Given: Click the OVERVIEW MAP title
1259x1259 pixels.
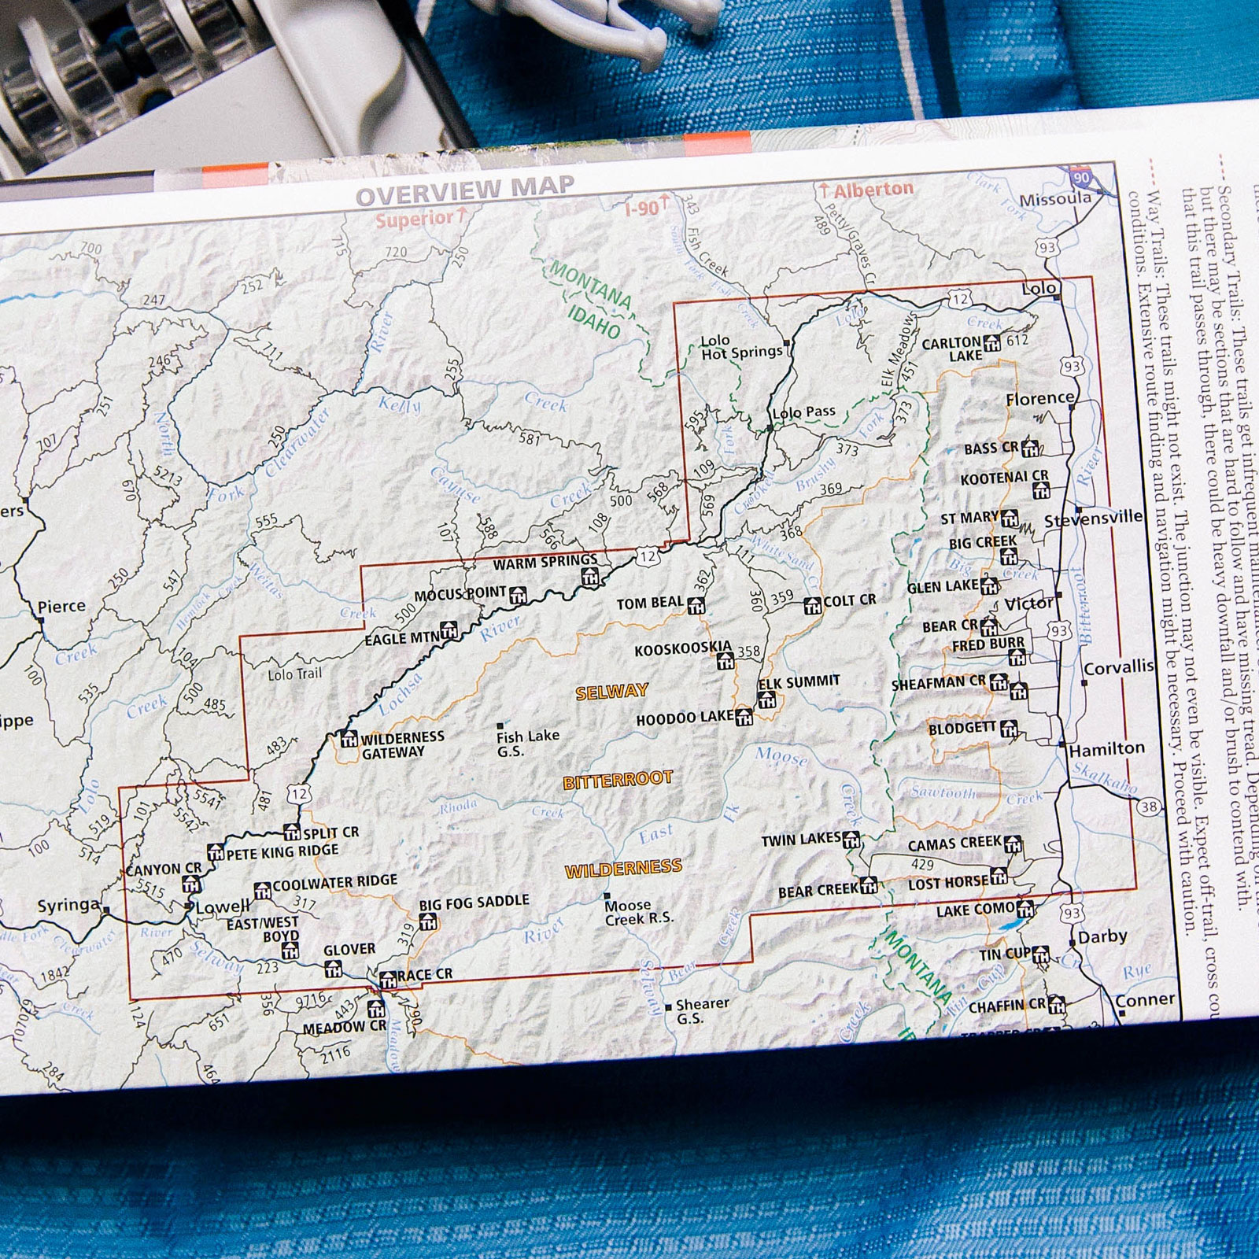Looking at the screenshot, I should click(x=465, y=189).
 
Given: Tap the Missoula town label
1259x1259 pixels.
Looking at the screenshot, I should click(x=1055, y=200).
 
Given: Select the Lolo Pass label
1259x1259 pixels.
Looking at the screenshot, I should click(x=803, y=412).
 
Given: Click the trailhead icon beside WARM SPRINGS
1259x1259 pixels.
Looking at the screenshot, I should click(x=589, y=577).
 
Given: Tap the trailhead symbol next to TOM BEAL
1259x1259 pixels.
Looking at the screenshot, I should click(x=695, y=606).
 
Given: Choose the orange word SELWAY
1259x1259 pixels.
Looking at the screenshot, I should click(x=611, y=692).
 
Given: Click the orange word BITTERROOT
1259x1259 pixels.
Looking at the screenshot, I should click(x=618, y=781).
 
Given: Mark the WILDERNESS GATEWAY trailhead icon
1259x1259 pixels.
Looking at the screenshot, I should click(x=349, y=739).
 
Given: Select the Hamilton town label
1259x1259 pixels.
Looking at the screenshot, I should click(x=1106, y=749).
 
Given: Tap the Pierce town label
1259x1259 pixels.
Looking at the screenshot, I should click(x=61, y=607).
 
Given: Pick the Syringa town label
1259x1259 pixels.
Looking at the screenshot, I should click(x=68, y=906).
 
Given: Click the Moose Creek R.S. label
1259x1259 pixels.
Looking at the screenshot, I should click(x=638, y=912).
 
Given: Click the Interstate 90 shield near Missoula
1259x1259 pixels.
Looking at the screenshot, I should click(x=1082, y=177).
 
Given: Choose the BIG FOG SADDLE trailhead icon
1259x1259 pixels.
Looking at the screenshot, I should click(x=427, y=921).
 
